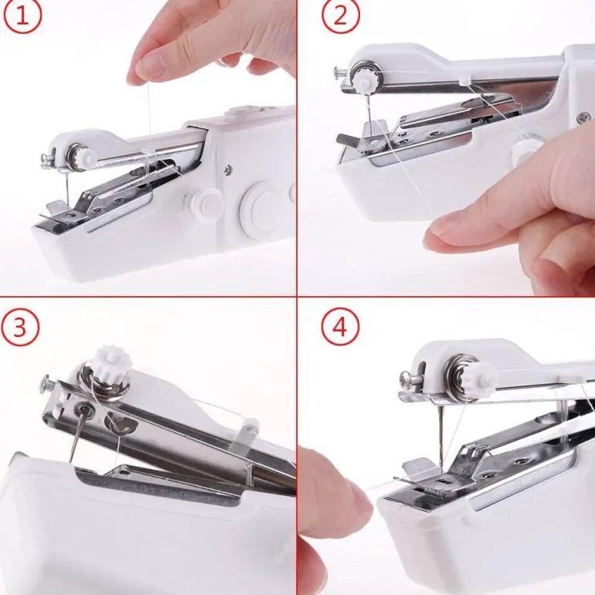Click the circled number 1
point(22,15)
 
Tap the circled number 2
point(340,15)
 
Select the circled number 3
point(20,327)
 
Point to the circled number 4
point(340,327)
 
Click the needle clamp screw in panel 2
point(340,72)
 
